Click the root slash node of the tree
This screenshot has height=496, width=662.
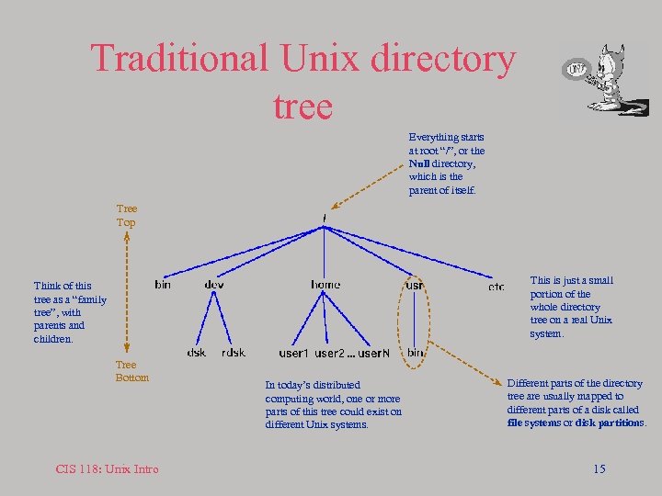click(325, 219)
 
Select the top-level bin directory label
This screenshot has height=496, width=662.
click(162, 286)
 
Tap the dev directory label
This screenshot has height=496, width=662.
click(214, 286)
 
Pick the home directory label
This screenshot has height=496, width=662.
click(325, 286)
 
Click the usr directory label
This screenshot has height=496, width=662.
click(415, 286)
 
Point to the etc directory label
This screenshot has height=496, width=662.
click(496, 287)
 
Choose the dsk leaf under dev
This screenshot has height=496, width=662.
click(197, 353)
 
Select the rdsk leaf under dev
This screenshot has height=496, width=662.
click(234, 353)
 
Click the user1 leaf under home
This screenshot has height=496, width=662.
click(293, 354)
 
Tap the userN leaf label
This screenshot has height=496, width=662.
click(374, 354)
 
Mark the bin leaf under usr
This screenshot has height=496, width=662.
click(416, 353)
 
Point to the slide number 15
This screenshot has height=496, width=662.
click(599, 469)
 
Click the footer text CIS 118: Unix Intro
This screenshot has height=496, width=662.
click(107, 469)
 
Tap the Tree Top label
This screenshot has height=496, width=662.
click(126, 216)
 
